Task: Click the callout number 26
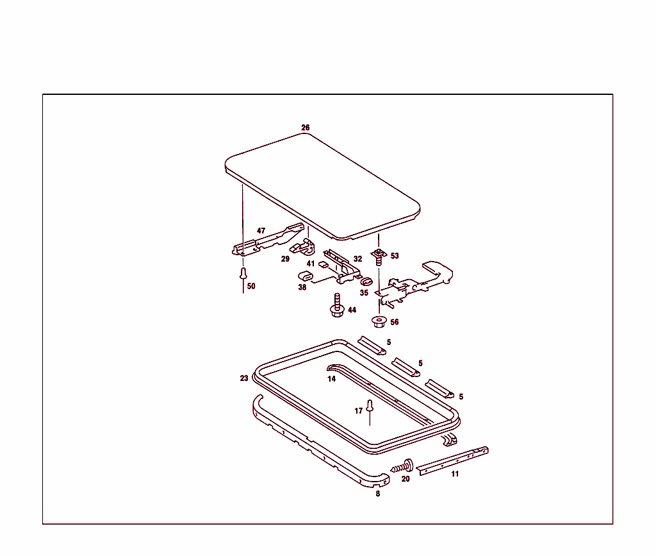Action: pos(306,128)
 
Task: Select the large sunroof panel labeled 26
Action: pos(320,186)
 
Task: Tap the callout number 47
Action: pos(261,230)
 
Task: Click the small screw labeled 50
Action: pos(243,274)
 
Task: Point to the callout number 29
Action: pos(285,259)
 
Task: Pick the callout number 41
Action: pos(310,264)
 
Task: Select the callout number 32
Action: pos(357,259)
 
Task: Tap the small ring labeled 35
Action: pos(366,281)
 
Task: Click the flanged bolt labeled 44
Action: pos(336,306)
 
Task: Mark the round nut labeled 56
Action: pos(378,321)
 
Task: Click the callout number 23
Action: pos(244,378)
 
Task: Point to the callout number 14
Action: pos(331,379)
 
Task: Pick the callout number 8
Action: pos(377,494)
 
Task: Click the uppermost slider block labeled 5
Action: pos(372,345)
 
